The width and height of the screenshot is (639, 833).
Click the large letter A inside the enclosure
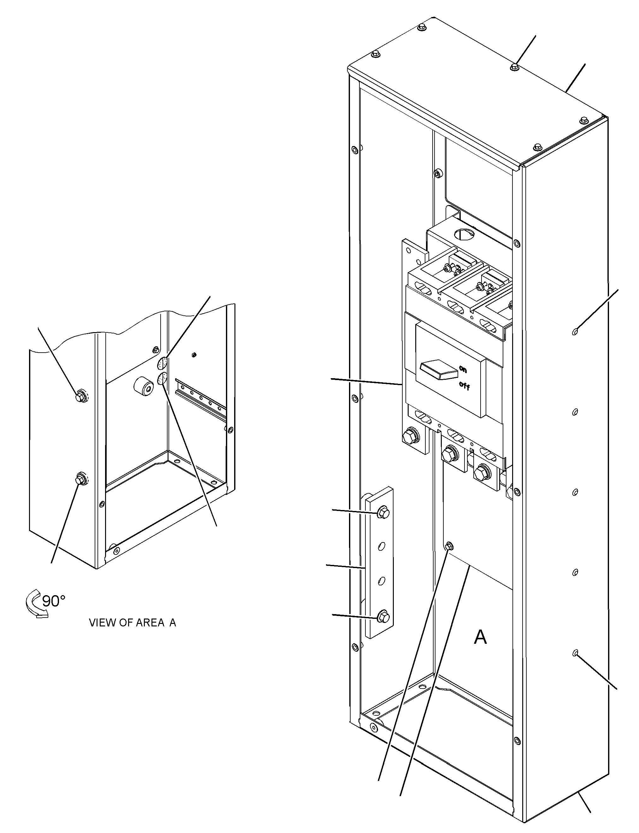click(480, 637)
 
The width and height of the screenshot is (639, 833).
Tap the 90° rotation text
click(54, 601)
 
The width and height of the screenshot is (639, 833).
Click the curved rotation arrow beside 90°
click(35, 604)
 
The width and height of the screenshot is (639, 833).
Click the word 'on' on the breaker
click(463, 369)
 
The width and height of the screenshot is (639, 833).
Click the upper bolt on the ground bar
click(383, 513)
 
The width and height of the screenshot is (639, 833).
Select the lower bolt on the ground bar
click(383, 617)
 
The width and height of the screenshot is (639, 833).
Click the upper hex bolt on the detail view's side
click(81, 396)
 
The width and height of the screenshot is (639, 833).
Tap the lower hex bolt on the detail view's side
click(81, 479)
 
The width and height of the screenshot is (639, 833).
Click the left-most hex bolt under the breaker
click(411, 434)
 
